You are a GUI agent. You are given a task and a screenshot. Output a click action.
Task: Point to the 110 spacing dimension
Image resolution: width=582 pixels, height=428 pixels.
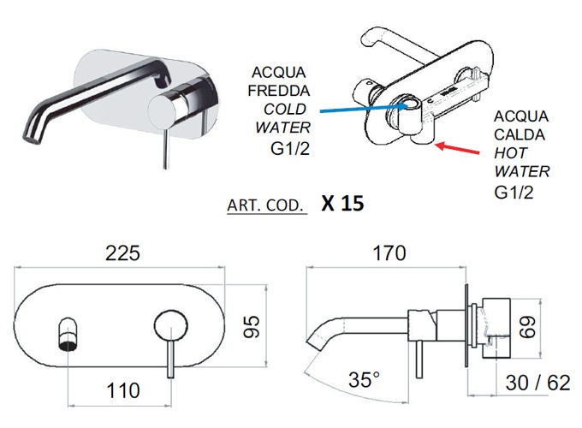point(123,391)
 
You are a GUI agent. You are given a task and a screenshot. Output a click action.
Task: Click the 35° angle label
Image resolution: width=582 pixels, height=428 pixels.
point(365,379)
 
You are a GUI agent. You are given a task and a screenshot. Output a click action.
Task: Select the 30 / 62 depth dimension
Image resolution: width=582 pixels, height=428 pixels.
point(537,383)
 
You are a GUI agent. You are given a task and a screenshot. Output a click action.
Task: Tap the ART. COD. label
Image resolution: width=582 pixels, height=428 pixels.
point(267,207)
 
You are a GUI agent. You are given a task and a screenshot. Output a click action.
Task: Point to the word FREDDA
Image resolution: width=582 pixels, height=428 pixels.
point(270,91)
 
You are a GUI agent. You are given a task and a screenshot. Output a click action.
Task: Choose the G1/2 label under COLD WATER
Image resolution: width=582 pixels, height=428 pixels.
point(276,147)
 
